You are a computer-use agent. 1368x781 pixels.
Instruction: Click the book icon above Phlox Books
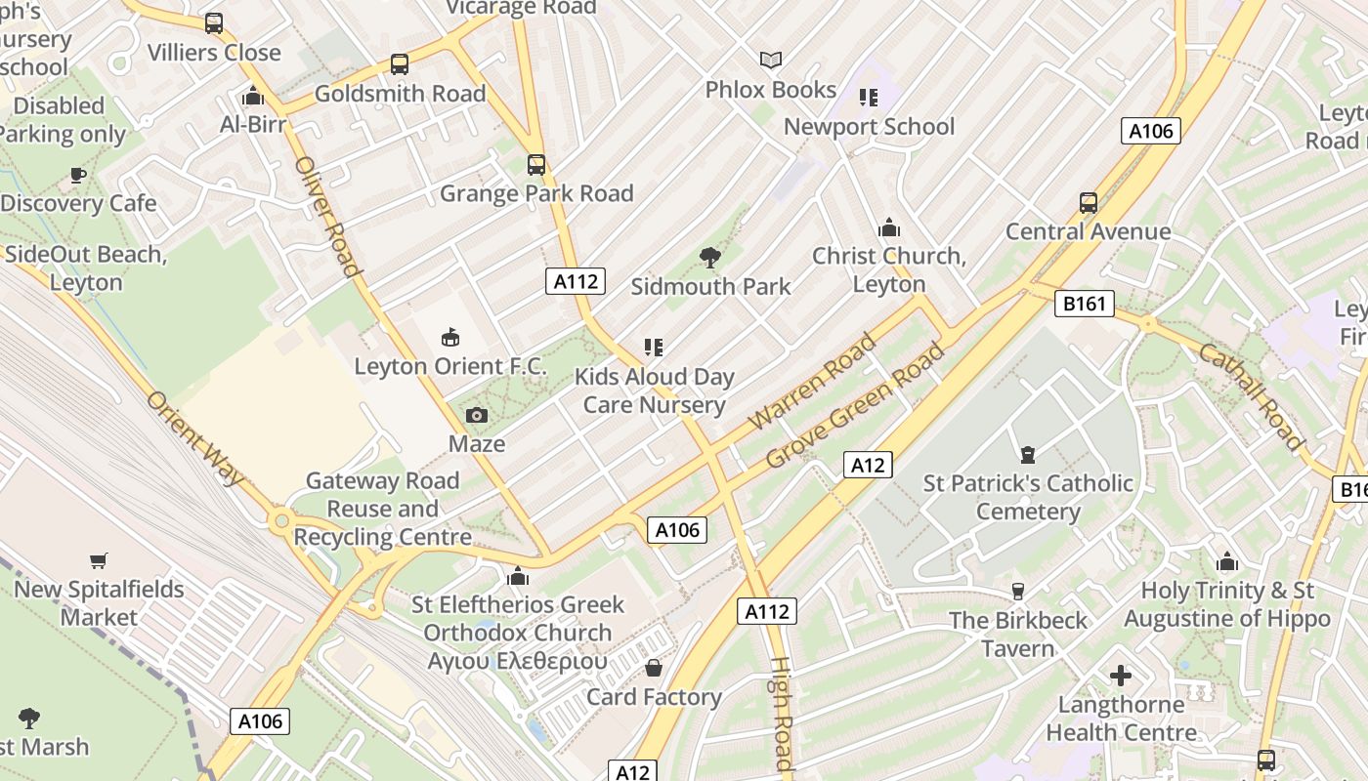coord(771,61)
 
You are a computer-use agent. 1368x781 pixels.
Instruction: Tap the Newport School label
coord(869,127)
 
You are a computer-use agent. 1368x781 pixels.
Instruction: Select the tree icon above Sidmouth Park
coord(710,258)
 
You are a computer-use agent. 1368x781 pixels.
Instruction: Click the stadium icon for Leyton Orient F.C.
coord(450,338)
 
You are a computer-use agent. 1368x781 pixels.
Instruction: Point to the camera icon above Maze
coord(477,416)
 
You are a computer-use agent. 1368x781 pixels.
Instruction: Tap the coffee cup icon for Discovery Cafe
coord(77,176)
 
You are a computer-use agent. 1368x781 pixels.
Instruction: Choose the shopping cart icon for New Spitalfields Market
coord(98,561)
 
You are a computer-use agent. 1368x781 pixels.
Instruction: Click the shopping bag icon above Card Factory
coord(653,669)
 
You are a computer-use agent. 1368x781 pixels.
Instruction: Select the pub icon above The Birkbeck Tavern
coord(1017,592)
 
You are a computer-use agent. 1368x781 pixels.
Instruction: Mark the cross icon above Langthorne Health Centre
coord(1121,676)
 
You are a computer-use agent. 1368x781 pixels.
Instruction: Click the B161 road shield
coord(1085,304)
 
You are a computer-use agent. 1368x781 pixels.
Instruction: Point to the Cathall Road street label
coord(1251,395)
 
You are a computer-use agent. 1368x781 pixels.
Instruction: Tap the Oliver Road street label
coord(328,216)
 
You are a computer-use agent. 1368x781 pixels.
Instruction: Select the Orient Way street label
coord(194,437)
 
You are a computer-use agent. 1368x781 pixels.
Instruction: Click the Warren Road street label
coord(813,382)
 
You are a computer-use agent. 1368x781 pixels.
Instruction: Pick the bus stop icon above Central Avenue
coord(1089,203)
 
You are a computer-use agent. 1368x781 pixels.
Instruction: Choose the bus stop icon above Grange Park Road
coord(535,165)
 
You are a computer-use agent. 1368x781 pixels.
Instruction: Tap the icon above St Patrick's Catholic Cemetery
coord(1027,455)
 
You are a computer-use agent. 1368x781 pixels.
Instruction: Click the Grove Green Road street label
coord(856,404)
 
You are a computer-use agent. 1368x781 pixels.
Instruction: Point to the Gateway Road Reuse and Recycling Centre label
coord(382,509)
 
